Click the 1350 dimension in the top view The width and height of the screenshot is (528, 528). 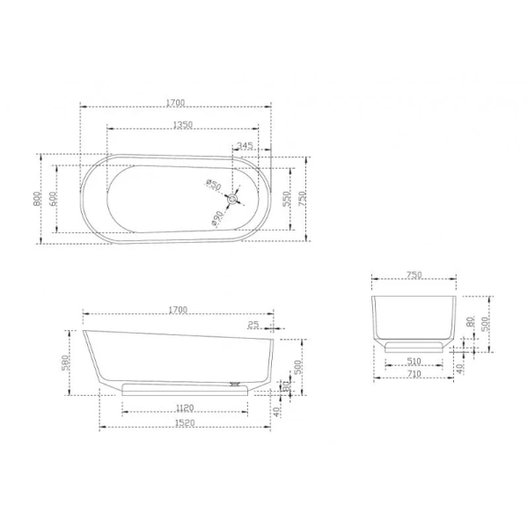(x=182, y=126)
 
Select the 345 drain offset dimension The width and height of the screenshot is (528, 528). (x=246, y=145)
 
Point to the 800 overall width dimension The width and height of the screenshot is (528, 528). (x=38, y=199)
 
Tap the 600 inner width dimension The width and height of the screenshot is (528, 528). (x=53, y=199)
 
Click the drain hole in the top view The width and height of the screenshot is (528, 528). (x=231, y=200)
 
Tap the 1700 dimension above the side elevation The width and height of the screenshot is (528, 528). (x=177, y=309)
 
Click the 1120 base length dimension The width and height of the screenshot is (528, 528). (x=185, y=407)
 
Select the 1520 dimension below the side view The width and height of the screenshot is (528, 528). (x=185, y=424)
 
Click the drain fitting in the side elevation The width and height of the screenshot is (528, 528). (x=235, y=383)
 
